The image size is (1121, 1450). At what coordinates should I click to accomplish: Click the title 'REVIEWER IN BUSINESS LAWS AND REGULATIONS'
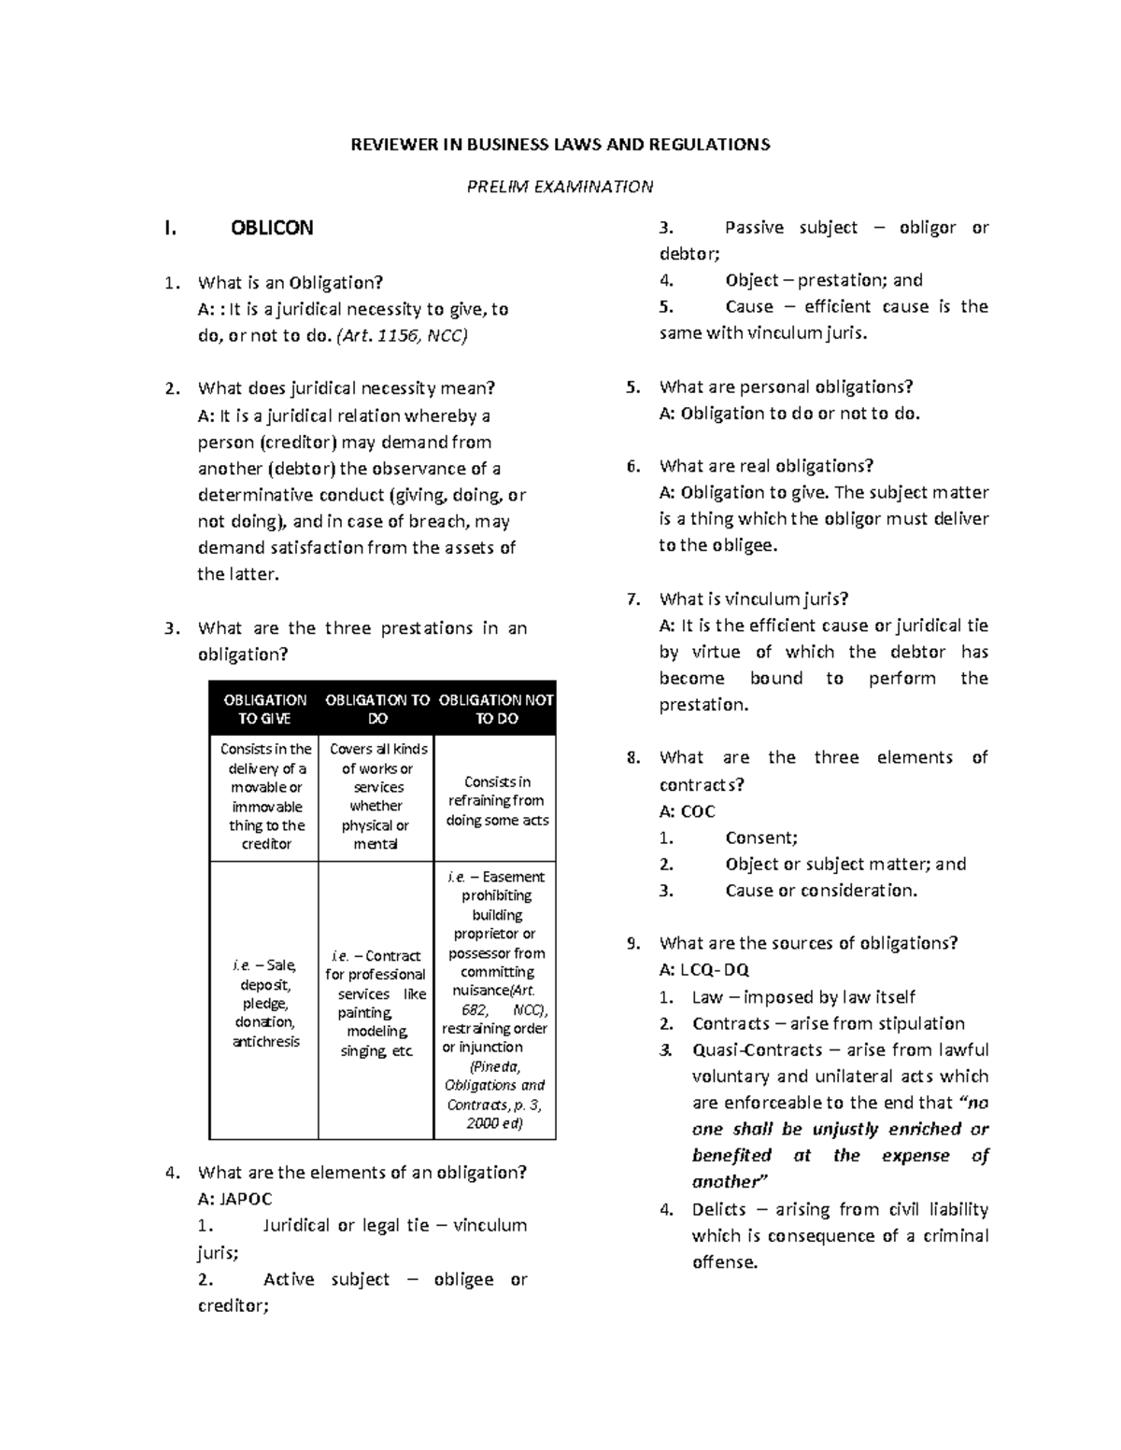[x=560, y=144]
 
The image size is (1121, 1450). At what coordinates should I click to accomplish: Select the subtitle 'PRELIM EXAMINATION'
[x=560, y=186]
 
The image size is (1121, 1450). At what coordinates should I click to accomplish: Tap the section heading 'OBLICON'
[x=272, y=228]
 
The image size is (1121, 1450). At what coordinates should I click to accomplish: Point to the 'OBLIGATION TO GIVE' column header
[x=265, y=709]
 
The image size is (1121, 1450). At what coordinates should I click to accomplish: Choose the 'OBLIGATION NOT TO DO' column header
[x=496, y=709]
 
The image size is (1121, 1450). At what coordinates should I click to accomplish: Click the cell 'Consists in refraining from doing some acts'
[x=496, y=800]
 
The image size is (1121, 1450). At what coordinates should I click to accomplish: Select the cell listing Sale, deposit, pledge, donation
[x=265, y=1003]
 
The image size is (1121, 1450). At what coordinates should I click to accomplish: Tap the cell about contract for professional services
[x=376, y=1003]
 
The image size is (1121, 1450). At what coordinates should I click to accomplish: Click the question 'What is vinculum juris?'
[x=753, y=598]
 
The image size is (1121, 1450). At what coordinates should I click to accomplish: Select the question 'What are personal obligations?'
[x=786, y=387]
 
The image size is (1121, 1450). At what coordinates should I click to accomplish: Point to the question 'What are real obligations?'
[x=766, y=466]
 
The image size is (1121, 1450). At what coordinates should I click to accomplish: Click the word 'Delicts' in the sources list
[x=718, y=1209]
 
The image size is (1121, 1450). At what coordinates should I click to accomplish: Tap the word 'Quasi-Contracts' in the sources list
[x=758, y=1049]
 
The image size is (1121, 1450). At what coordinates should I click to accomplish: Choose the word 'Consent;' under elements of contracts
[x=761, y=838]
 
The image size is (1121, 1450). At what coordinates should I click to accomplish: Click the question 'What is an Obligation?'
[x=291, y=282]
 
